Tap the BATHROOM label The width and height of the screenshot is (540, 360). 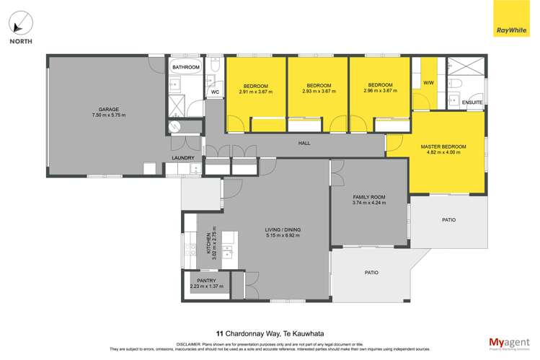(x=185, y=68)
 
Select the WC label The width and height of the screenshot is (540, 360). (x=215, y=93)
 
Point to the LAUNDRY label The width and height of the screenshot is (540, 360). (x=182, y=158)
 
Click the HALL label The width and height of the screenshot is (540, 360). (x=304, y=144)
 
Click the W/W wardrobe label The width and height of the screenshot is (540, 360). (x=428, y=84)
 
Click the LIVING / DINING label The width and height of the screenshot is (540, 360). (x=283, y=229)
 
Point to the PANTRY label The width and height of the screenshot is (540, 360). (x=206, y=281)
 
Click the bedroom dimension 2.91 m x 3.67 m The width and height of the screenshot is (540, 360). (x=255, y=92)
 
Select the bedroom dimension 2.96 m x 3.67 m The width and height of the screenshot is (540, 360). (x=379, y=91)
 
